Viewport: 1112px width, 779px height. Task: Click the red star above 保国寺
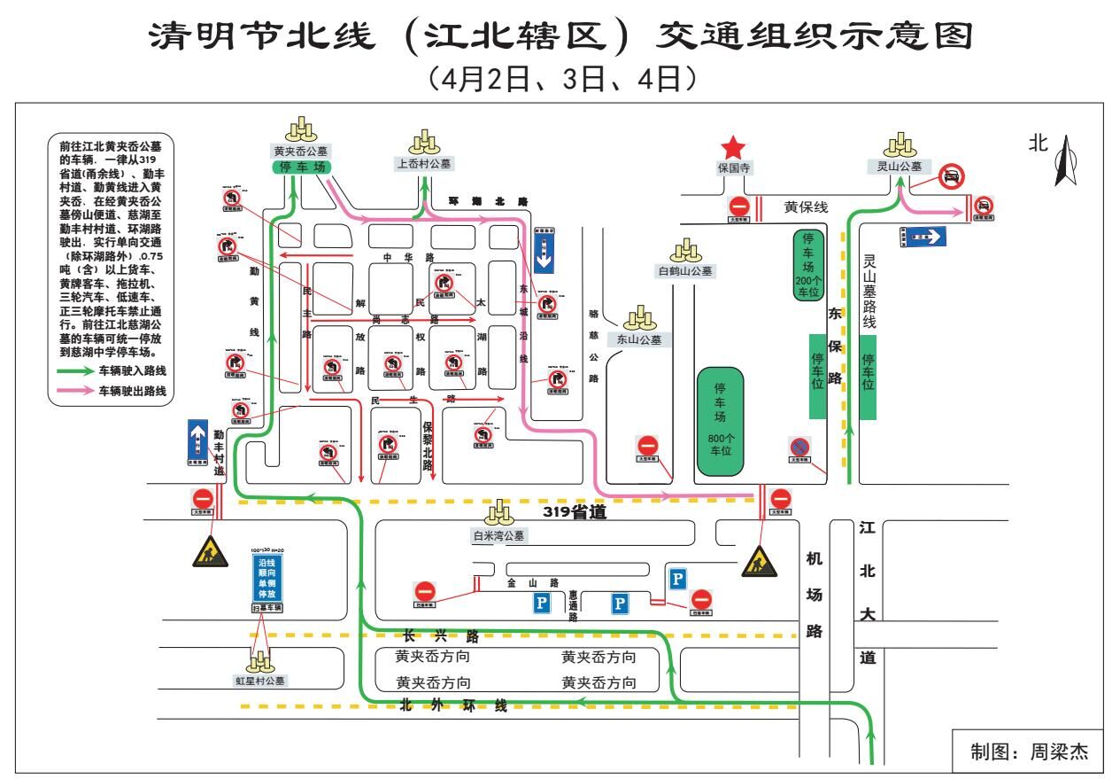733,148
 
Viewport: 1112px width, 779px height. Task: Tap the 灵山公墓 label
900,166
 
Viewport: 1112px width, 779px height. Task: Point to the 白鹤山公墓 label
685,271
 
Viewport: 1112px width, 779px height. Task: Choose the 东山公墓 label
639,339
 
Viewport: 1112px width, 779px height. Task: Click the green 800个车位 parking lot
720,417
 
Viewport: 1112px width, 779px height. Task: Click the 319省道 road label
573,511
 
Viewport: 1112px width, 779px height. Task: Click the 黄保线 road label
806,207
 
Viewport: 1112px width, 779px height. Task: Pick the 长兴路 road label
441,636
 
